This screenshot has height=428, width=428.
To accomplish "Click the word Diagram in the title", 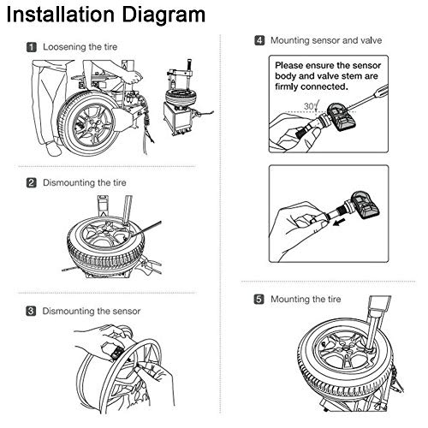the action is [163, 15].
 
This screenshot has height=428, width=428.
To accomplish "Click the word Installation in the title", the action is [61, 14].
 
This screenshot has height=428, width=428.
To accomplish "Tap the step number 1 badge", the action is [32, 47].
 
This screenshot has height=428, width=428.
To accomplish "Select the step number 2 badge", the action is [32, 182].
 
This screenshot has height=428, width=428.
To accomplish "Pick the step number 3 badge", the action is [31, 311].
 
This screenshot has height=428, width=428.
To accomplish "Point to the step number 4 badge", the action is [259, 40].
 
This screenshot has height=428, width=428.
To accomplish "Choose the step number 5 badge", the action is [259, 299].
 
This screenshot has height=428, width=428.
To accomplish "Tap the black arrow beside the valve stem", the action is [339, 222].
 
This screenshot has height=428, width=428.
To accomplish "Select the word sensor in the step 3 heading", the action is [127, 311].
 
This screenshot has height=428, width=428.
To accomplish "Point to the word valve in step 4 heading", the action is [371, 40].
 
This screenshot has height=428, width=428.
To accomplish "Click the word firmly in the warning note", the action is [286, 86].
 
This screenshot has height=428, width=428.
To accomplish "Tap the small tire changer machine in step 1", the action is [182, 100].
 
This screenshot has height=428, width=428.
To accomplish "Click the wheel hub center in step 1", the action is [91, 126].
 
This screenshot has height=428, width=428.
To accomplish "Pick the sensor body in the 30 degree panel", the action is [342, 117].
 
